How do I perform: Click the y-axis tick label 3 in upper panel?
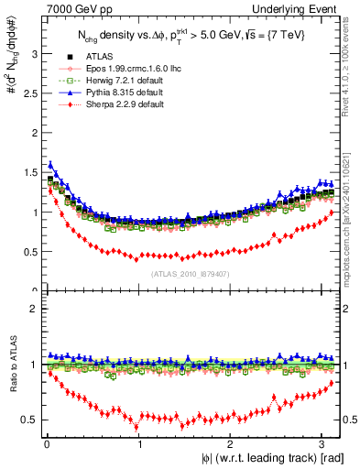pyautogui.click(x=34, y=54)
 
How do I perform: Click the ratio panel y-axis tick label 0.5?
pyautogui.click(x=30, y=420)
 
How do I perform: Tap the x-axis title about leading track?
pyautogui.click(x=267, y=457)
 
